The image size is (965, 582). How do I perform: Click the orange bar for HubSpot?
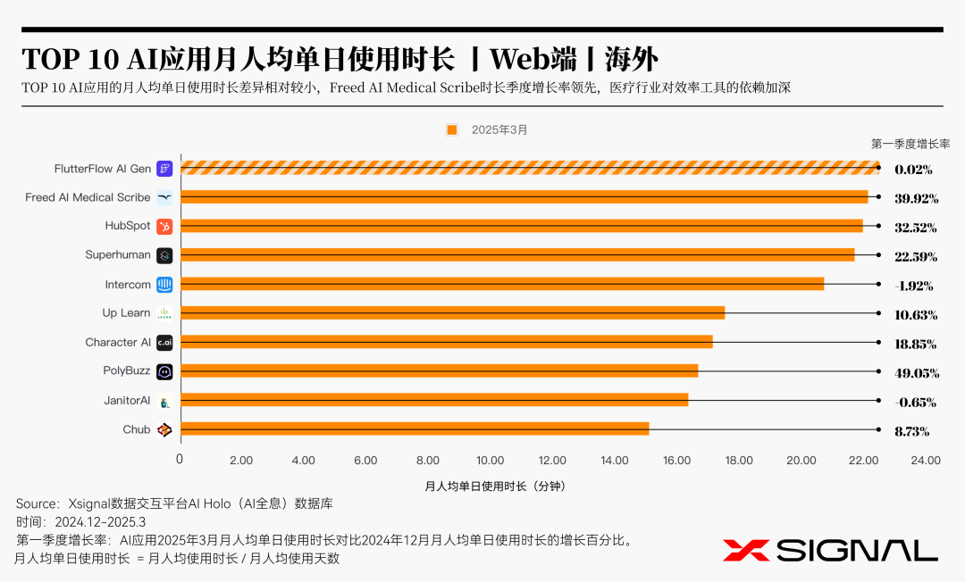coord(522,226)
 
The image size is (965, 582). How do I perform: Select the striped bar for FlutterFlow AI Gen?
coord(530,168)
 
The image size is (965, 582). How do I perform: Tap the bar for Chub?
coord(415,429)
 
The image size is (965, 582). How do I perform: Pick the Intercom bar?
coord(502,284)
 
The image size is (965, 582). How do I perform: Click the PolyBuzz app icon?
coord(164,371)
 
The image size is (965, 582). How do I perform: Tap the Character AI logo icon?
coord(164,342)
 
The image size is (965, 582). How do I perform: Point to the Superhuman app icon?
coord(164,255)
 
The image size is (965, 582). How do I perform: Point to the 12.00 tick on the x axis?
coord(552,461)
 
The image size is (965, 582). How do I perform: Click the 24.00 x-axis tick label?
coord(925,461)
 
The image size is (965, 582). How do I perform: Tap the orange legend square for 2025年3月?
coord(452,129)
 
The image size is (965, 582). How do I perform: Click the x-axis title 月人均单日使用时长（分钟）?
coord(495,486)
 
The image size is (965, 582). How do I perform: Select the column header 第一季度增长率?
coord(910,143)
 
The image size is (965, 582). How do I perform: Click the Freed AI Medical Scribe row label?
coord(88,197)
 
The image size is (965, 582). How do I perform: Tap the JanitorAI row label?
coord(127,401)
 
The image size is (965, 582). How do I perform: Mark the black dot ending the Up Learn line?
coord(879,313)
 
